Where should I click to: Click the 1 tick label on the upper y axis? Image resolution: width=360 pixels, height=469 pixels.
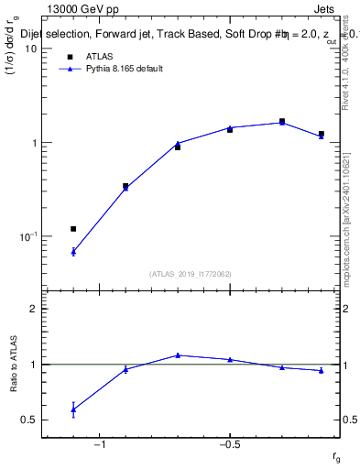point(33,143)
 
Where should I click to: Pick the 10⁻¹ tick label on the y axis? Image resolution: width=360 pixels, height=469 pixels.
point(28,236)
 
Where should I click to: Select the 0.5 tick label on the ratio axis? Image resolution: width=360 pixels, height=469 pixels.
point(28,420)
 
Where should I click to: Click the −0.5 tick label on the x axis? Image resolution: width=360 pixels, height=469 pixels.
point(229,446)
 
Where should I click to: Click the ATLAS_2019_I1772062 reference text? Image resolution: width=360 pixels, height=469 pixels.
point(191,274)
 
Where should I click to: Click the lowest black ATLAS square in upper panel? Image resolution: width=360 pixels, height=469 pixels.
point(73,228)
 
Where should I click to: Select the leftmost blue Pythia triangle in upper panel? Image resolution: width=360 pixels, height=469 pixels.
point(73,251)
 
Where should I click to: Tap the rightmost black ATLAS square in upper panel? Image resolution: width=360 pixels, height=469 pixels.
point(321,134)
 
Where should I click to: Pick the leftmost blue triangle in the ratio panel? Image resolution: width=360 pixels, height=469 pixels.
point(73,409)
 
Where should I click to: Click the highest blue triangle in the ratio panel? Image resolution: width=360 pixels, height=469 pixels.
point(178,354)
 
